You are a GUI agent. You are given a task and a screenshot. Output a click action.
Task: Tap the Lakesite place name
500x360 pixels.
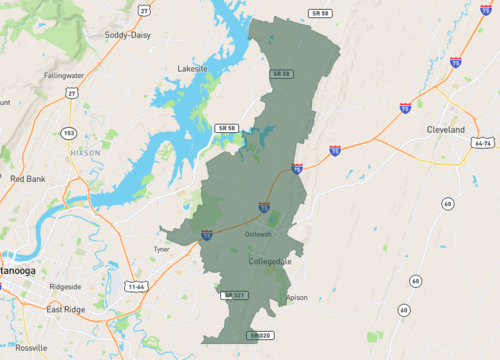192,69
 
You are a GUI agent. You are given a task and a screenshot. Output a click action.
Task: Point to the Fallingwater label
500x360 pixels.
63,75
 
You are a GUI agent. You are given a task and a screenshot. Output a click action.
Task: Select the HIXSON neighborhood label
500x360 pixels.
85,152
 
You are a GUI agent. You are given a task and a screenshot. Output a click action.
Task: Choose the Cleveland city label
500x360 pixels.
446,130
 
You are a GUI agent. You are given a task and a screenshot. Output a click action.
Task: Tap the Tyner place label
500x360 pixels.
161,249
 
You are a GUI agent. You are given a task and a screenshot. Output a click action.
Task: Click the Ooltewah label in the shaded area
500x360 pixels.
259,234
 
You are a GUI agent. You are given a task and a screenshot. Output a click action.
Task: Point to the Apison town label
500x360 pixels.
297,297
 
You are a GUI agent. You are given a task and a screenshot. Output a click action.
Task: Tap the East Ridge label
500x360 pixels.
66,309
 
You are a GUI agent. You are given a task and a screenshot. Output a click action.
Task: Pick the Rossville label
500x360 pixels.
31,347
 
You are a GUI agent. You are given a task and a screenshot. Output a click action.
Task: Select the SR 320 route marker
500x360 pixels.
260,335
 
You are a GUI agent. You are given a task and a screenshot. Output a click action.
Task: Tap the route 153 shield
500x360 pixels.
68,133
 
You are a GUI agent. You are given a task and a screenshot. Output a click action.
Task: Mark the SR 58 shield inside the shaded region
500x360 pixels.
282,74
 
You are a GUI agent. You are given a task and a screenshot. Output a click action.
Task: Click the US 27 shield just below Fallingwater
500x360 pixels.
71,93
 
